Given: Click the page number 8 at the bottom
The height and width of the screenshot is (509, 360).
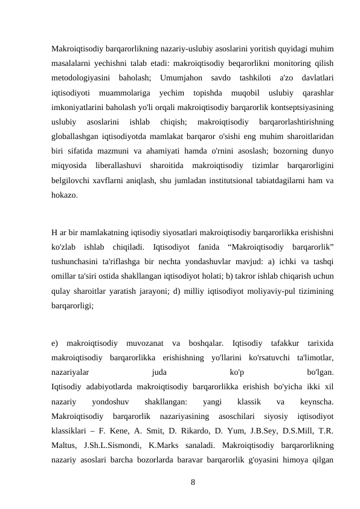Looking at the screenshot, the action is (x=193, y=482).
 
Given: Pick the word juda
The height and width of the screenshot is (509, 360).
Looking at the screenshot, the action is (x=159, y=372).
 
